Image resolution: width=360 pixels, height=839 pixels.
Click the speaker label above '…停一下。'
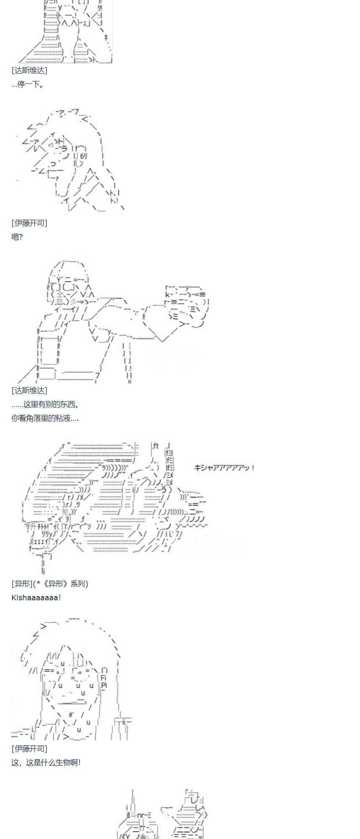pos(29,70)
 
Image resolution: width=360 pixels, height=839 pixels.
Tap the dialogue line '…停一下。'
pos(28,84)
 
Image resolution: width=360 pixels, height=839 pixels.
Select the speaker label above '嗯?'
pos(29,223)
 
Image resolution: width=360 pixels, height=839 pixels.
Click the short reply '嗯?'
pos(17,237)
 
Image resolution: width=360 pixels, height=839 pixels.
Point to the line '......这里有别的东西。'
pos(45,404)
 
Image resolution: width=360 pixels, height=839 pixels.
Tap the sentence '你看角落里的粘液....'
pos(45,418)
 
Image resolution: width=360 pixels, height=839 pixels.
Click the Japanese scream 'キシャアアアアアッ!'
pos(224,468)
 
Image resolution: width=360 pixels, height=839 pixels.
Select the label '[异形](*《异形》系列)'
pos(50,584)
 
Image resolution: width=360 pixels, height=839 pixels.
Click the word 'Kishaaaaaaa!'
pos(36,597)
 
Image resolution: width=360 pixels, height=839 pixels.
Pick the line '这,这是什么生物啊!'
pos(46,762)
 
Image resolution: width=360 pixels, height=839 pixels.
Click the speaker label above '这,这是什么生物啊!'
pos(29,748)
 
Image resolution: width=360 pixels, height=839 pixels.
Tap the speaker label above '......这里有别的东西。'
pos(29,391)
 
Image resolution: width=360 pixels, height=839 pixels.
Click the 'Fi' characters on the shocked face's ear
pos(104,678)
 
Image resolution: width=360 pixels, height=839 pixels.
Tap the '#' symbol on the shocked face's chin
pos(71,714)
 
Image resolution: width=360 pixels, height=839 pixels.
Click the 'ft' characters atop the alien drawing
pos(155,446)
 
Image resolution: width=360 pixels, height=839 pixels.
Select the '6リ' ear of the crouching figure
pos(82,156)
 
